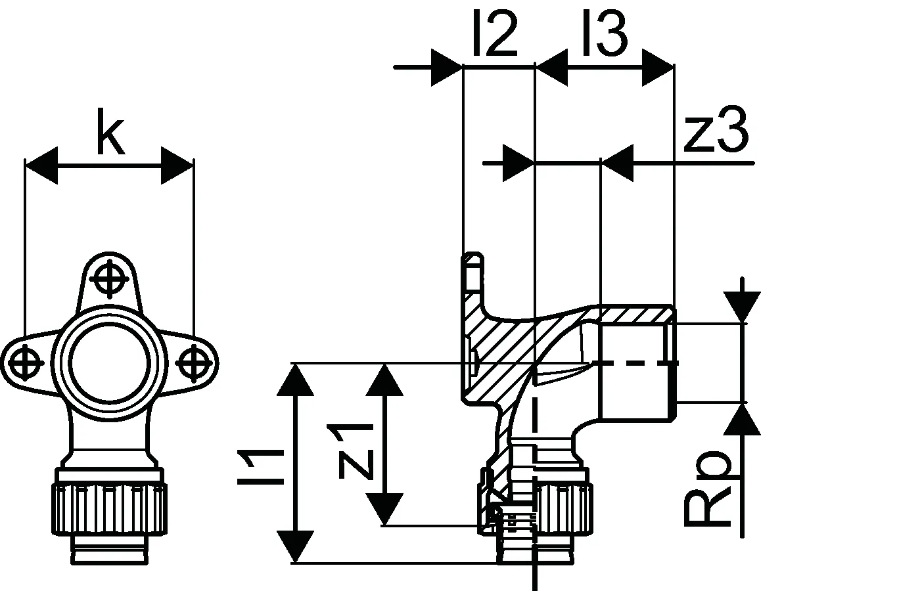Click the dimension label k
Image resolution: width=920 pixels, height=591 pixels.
click(x=110, y=131)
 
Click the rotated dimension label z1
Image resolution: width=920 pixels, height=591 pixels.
click(x=356, y=452)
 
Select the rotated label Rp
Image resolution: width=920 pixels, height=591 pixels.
click(x=707, y=489)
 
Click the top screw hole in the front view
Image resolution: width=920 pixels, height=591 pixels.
click(x=109, y=279)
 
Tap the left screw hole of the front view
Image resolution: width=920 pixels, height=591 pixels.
click(x=26, y=363)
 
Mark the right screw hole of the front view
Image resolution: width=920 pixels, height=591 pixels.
click(x=194, y=363)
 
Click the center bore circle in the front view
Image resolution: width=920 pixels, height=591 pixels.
click(x=109, y=362)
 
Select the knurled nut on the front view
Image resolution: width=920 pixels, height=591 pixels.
click(x=109, y=510)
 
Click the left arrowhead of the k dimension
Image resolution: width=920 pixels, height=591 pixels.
click(x=41, y=165)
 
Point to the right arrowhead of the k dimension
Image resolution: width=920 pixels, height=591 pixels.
click(x=177, y=165)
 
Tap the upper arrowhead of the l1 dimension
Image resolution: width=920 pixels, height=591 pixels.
click(x=295, y=380)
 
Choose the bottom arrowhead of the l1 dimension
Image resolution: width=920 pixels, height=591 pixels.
click(x=295, y=546)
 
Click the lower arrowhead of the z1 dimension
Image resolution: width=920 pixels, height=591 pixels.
click(x=384, y=510)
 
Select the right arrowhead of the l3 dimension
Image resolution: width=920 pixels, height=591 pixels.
click(x=658, y=67)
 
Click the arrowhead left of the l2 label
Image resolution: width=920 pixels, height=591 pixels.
click(x=447, y=67)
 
